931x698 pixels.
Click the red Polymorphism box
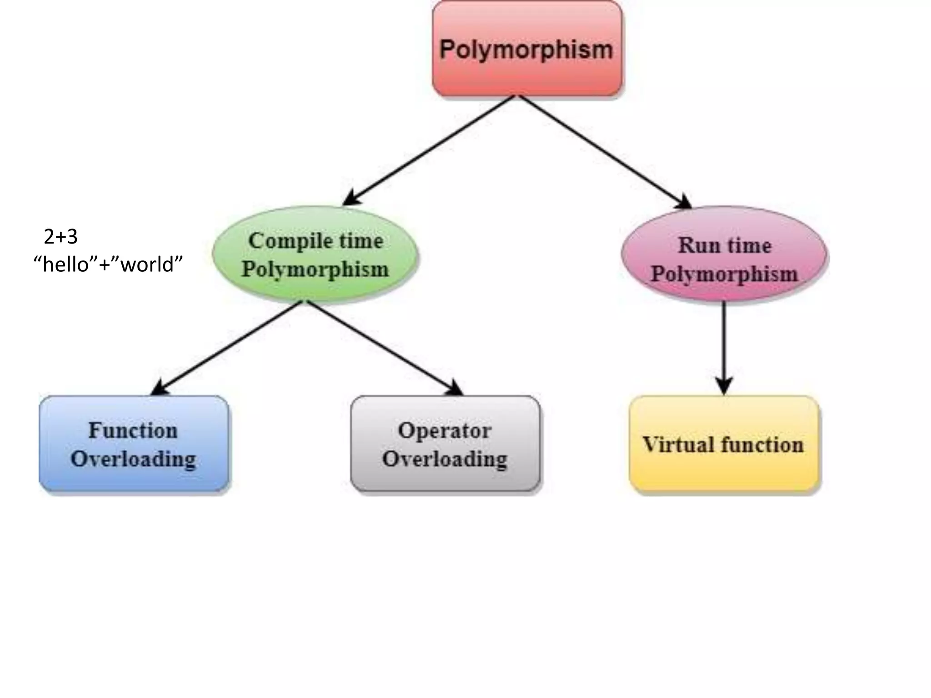point(527,49)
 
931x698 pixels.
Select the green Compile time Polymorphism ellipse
point(315,254)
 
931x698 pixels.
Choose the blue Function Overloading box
point(134,444)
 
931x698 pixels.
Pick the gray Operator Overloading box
point(445,444)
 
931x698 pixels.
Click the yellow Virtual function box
point(724,444)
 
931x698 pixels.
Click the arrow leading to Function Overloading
point(227,348)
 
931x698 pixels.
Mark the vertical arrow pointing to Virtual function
point(724,345)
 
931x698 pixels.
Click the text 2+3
point(61,237)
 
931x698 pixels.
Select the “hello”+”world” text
point(108,264)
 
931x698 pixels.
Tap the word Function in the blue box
point(133,430)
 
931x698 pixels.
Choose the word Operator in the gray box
point(445,430)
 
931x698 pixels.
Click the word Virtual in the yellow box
point(677,444)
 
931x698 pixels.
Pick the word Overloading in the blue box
point(134,459)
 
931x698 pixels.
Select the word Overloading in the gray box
point(445,459)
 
